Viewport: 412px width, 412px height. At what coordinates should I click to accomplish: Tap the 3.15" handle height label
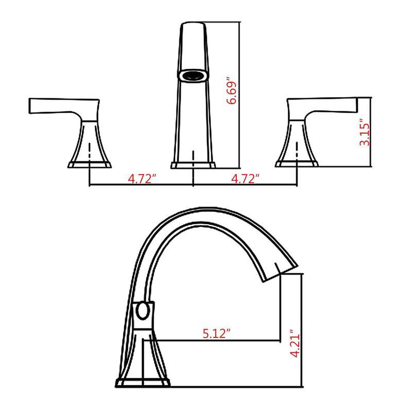click(365, 132)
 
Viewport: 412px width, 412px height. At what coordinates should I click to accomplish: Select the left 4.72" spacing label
click(142, 179)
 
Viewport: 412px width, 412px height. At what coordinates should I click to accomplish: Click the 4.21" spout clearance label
click(295, 344)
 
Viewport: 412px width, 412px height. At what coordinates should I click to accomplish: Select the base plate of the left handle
click(90, 164)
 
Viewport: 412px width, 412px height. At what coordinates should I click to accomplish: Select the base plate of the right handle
click(297, 164)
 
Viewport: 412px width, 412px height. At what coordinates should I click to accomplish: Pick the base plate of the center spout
click(193, 165)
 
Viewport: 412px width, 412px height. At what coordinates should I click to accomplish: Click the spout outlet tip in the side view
click(282, 272)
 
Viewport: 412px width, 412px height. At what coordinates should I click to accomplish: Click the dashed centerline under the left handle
click(90, 152)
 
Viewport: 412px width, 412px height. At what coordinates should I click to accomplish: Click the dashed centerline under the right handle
click(297, 152)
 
